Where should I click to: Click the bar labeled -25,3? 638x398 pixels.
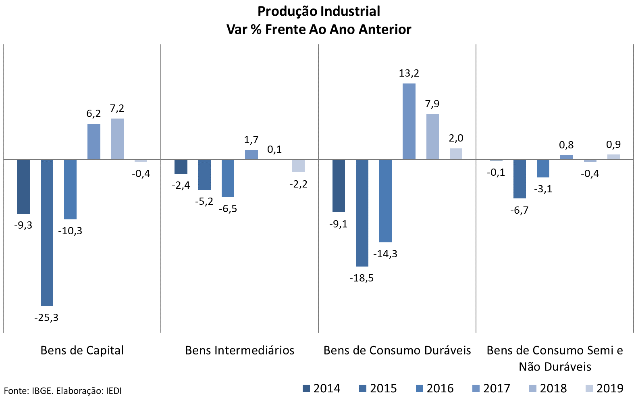click(47, 233)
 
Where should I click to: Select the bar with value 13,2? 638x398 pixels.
click(409, 121)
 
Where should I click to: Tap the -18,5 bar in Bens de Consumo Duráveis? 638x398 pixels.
click(362, 213)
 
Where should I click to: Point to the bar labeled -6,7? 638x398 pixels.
click(520, 179)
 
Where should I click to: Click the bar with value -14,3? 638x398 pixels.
click(385, 201)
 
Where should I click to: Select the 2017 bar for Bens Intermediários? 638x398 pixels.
click(251, 155)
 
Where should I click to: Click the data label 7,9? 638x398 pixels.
click(432, 104)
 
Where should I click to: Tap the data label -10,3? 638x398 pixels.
click(70, 231)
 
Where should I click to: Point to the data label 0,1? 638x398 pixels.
click(274, 150)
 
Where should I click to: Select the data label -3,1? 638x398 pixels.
click(543, 189)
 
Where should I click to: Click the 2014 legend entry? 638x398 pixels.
click(322, 388)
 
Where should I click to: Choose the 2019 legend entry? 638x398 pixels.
click(605, 388)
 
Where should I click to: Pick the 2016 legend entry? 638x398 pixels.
click(435, 388)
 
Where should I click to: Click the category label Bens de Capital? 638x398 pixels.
click(82, 350)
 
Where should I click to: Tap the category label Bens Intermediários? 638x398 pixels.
click(240, 350)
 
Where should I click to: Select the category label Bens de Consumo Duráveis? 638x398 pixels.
click(397, 350)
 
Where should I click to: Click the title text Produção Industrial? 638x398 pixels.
click(319, 11)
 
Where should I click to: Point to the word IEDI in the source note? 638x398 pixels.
click(114, 391)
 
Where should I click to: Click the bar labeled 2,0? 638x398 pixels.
click(456, 154)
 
